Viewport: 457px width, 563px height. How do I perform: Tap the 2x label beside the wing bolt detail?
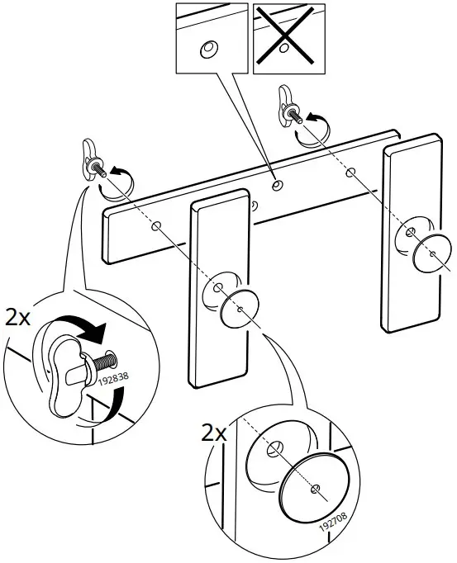coord(17,319)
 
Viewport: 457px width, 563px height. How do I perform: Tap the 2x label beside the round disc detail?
coord(217,432)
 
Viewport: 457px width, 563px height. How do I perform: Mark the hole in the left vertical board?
coord(217,289)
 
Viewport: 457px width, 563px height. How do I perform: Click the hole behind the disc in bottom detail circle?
coord(274,451)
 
